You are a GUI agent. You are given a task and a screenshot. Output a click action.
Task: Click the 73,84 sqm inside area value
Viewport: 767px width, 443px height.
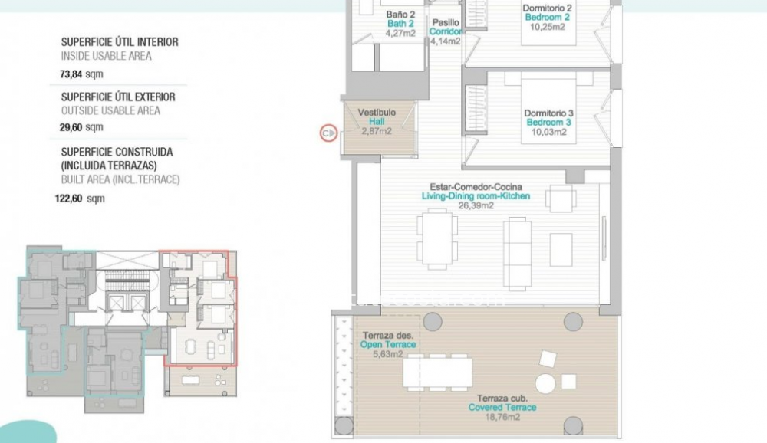[81, 74]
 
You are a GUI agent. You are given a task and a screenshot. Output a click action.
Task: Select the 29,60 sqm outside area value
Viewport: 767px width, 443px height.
[81, 127]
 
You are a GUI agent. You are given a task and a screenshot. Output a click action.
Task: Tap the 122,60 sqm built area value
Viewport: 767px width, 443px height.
[84, 199]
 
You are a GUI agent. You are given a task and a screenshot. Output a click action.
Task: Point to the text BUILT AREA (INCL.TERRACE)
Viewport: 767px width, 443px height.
[120, 179]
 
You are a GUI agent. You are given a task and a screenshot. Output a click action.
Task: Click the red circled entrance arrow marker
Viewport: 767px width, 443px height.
[328, 133]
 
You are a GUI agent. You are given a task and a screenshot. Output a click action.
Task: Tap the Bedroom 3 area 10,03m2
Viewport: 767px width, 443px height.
[549, 132]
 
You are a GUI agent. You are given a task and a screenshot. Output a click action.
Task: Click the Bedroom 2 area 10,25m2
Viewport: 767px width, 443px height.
[548, 27]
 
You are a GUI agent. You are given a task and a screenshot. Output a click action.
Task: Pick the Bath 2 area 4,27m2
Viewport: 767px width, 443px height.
[400, 33]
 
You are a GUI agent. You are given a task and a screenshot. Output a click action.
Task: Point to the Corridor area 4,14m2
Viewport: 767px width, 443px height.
[446, 41]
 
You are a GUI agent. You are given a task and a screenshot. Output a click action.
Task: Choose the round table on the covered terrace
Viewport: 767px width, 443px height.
[545, 383]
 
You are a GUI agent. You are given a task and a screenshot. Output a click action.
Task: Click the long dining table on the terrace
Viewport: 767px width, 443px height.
[438, 373]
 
